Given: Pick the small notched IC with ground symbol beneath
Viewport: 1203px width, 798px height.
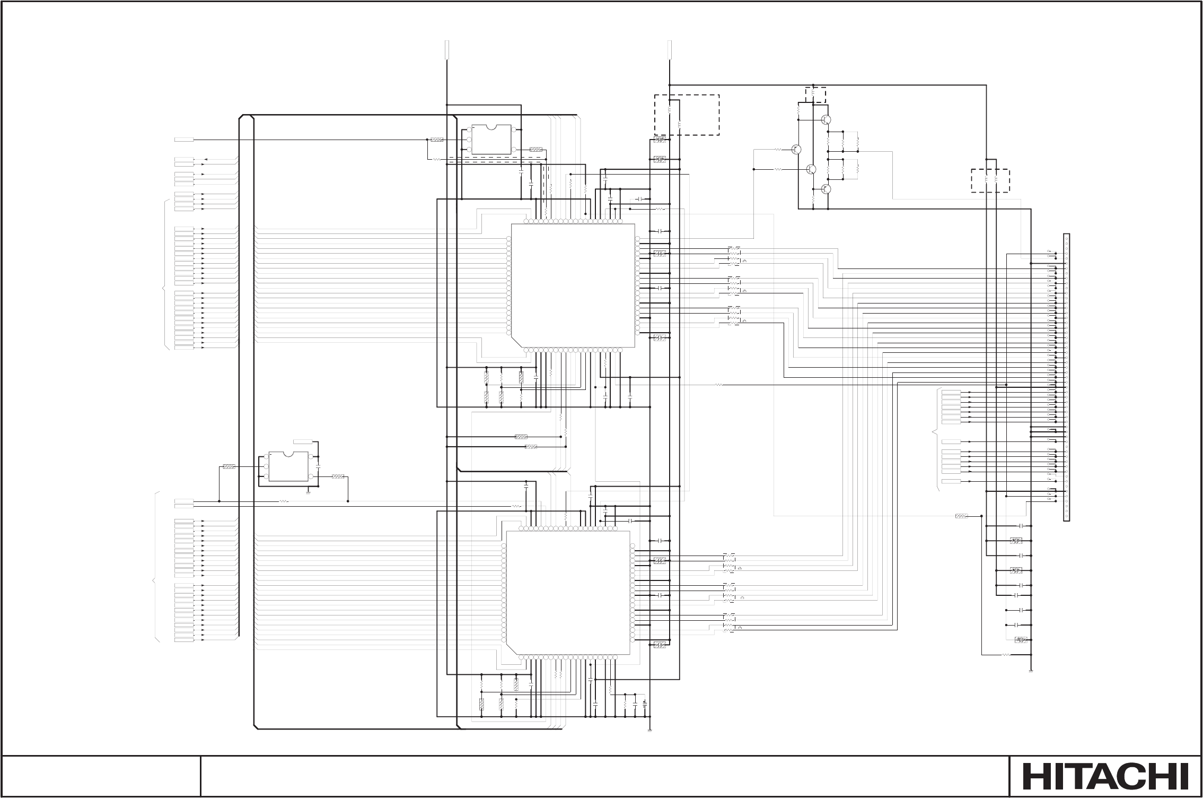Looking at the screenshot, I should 288,466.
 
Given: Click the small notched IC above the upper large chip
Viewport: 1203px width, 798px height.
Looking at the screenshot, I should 491,140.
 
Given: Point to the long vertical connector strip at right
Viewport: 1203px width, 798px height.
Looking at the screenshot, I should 1066,377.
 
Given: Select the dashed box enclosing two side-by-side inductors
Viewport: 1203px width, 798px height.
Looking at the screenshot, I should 990,181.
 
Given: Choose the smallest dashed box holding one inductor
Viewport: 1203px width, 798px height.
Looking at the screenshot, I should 815,94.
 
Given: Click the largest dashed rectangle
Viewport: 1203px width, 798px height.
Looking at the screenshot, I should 687,115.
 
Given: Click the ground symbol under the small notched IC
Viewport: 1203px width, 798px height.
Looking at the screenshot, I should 308,492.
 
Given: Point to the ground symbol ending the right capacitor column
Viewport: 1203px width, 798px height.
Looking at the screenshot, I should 1031,672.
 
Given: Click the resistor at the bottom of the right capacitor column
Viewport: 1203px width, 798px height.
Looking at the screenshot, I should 1006,655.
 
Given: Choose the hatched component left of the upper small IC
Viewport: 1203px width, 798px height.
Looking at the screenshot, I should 437,140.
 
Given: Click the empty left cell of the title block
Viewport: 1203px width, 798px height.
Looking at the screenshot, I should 101,775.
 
